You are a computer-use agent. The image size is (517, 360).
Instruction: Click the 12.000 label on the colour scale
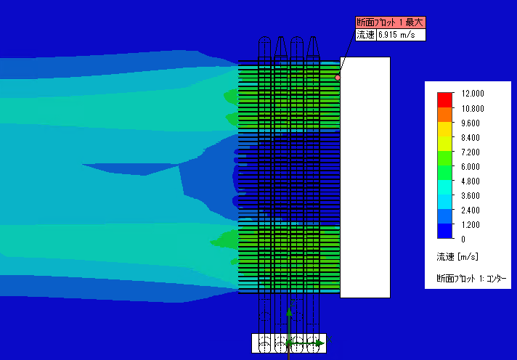473,94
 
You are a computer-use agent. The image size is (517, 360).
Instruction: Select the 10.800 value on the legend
473,108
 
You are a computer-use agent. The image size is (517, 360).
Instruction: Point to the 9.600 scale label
471,123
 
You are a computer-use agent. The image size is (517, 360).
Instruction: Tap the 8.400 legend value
471,137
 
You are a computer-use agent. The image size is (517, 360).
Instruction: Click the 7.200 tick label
471,152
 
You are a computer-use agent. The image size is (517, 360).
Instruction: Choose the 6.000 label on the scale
471,166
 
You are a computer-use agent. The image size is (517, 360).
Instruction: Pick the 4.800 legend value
471,181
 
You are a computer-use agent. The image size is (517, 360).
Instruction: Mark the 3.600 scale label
471,195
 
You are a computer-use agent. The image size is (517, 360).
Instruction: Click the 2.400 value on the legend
471,210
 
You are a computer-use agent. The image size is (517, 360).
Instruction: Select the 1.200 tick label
471,224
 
